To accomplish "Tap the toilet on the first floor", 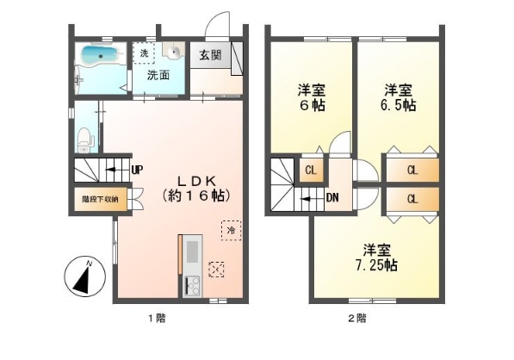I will click(84, 137).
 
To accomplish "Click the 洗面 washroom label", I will click(158, 75).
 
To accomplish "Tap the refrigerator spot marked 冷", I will click(231, 230).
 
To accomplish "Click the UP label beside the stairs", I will click(137, 170).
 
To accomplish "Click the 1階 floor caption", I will click(155, 319).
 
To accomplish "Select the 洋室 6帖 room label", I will click(310, 97).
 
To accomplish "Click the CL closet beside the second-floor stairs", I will click(311, 170).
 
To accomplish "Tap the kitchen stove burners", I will click(191, 283).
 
